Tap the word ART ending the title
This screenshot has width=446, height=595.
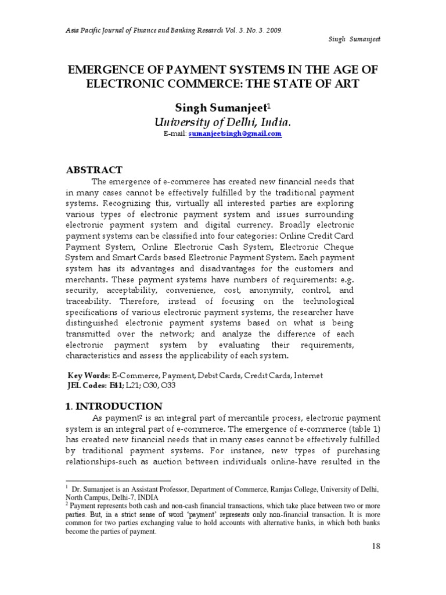347,84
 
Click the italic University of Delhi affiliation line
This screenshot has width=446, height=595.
222,122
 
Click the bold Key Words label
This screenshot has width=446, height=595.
89,376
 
